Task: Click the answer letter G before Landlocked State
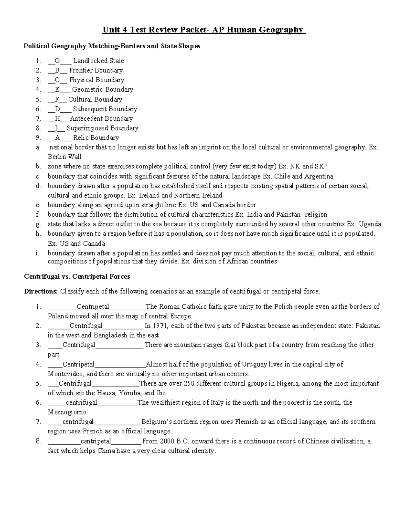tap(57, 61)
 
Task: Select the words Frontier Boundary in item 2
tap(96, 70)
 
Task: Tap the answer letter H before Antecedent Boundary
tap(57, 119)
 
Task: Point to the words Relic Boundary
tap(96, 138)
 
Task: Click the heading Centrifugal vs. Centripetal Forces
tap(77, 277)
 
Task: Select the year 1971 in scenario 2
tap(161, 326)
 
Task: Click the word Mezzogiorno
tap(67, 412)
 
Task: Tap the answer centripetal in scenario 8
tap(96, 441)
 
